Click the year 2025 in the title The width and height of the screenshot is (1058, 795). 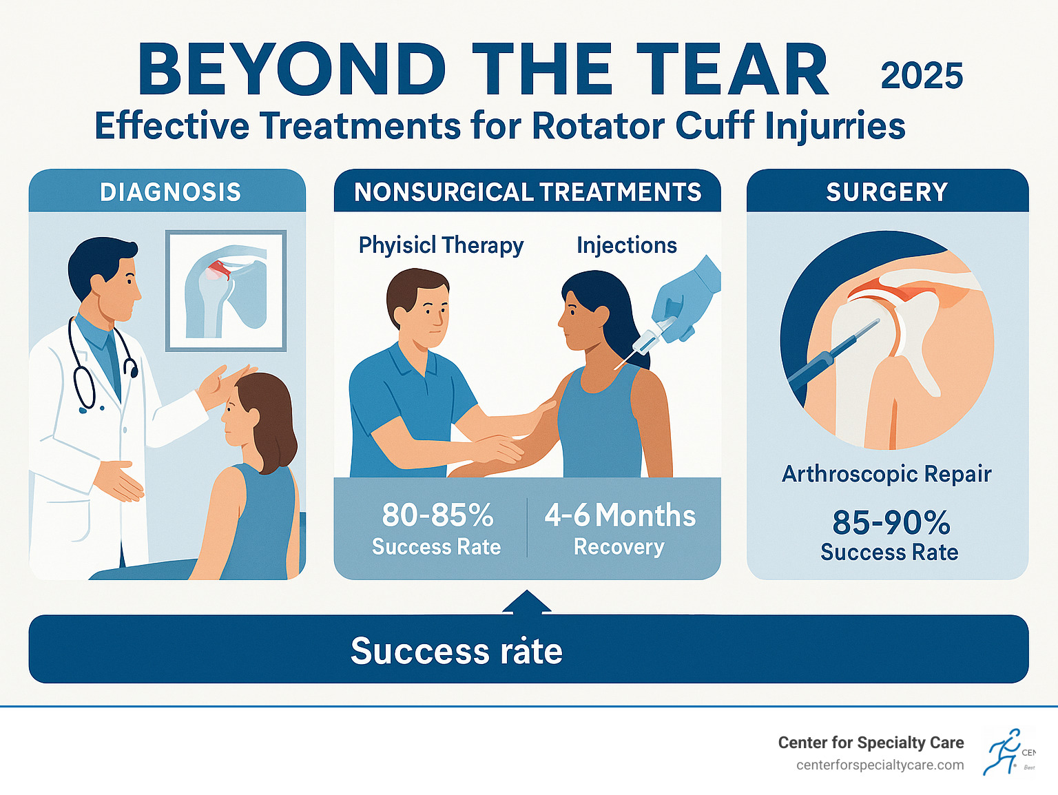[922, 76]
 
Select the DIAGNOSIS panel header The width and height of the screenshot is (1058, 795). [170, 192]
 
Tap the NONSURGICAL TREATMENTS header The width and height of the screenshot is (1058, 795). [528, 192]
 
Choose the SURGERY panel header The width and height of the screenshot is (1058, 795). [887, 192]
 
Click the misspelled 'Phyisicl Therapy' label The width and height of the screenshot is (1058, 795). [441, 245]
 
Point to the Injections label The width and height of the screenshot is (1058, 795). [627, 245]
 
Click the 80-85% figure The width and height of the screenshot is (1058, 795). [437, 515]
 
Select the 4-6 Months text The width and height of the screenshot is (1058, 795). [620, 515]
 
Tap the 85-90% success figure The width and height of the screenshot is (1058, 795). [891, 523]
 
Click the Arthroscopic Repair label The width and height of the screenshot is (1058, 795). [886, 474]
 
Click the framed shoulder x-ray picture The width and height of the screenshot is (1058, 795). [226, 291]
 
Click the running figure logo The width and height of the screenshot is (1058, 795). [1003, 752]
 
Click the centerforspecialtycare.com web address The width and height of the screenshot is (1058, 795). [880, 765]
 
